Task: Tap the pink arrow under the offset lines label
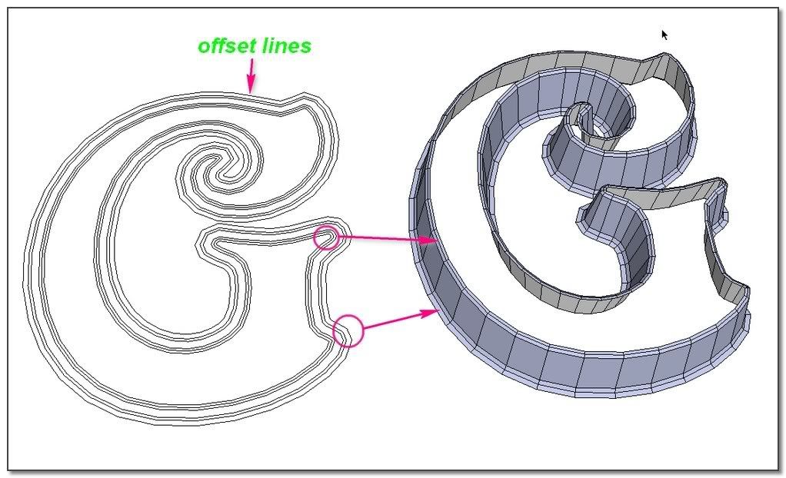(x=250, y=78)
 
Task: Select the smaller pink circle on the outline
(x=326, y=237)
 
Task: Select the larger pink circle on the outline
(x=348, y=330)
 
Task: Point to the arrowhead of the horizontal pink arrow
(x=431, y=241)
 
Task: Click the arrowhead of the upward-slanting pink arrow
(x=431, y=311)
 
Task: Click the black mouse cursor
(x=665, y=35)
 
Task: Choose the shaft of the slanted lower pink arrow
(x=392, y=320)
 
